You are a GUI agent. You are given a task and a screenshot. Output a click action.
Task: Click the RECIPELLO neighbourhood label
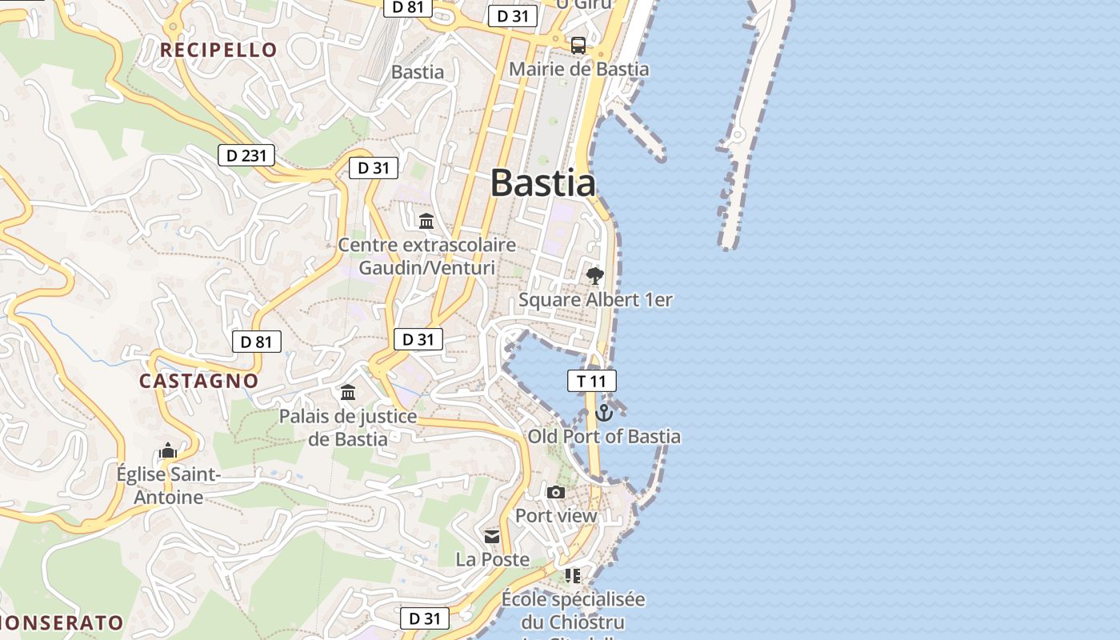tap(218, 50)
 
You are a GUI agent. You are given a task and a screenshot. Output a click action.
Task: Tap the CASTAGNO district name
tap(199, 381)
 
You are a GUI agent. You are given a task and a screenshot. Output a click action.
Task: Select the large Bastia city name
tap(543, 183)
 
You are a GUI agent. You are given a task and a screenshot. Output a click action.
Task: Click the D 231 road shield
tap(246, 155)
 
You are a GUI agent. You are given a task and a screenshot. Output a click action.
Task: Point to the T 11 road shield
tap(592, 381)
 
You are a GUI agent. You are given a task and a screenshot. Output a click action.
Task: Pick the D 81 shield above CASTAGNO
tap(256, 342)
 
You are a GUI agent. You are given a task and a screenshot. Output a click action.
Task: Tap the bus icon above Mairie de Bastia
tap(578, 46)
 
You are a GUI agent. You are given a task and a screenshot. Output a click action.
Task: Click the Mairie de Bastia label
tap(579, 70)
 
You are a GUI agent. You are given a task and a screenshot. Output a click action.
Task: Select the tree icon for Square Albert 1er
tap(594, 276)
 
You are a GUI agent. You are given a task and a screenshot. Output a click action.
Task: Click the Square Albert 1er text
tap(595, 300)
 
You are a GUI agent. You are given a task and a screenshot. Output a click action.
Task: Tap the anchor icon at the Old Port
tap(604, 413)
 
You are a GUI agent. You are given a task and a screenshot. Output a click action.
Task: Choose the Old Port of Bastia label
tap(604, 437)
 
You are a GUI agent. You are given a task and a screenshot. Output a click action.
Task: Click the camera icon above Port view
tap(556, 492)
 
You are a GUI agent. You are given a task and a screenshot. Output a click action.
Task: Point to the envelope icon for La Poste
tap(492, 536)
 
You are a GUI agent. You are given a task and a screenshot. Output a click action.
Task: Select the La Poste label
tap(493, 559)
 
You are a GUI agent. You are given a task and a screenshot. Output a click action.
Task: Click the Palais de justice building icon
tap(348, 393)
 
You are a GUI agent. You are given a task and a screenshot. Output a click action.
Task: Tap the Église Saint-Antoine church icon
tap(168, 451)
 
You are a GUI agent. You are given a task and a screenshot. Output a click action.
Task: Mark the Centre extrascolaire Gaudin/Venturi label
tap(427, 256)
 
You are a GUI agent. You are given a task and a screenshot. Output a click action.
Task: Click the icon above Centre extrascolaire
tap(426, 221)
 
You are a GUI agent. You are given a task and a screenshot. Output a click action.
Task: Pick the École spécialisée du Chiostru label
tap(573, 610)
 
